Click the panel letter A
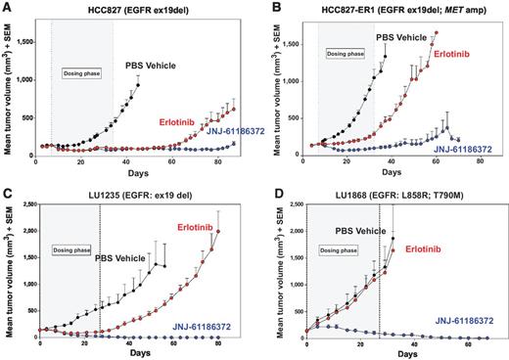click(7, 8)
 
